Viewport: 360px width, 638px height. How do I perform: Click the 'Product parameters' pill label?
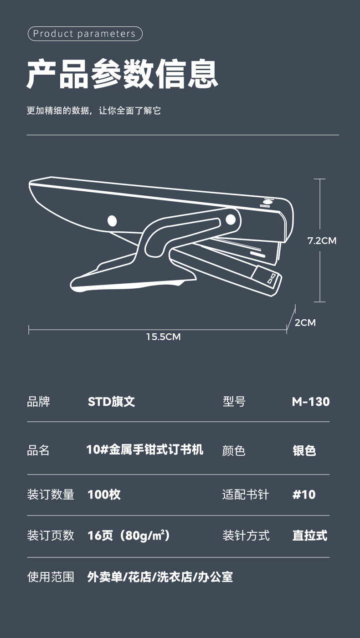click(x=85, y=34)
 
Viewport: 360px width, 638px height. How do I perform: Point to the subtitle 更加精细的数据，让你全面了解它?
click(x=93, y=111)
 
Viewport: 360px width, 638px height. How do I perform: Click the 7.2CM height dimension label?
click(x=322, y=240)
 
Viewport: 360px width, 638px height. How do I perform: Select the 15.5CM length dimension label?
click(x=163, y=337)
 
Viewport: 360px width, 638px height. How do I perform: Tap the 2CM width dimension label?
click(x=305, y=323)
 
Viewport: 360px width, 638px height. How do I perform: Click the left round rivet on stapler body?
click(x=112, y=221)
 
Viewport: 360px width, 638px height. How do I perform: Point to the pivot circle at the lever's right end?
click(x=231, y=219)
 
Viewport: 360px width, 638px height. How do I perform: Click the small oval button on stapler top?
click(x=267, y=201)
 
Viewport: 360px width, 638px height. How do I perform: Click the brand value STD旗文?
click(x=111, y=402)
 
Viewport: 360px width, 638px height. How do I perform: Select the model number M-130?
click(x=310, y=402)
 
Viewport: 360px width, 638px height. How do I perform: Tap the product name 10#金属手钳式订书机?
click(x=145, y=450)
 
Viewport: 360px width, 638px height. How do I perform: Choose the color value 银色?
click(x=304, y=450)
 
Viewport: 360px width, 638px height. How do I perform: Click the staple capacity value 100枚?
click(x=104, y=495)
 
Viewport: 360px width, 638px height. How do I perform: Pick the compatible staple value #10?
click(x=304, y=495)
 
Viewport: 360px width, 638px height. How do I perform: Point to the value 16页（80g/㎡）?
click(x=129, y=536)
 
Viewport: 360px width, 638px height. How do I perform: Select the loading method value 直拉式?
click(x=309, y=536)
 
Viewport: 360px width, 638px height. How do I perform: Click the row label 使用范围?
click(x=51, y=577)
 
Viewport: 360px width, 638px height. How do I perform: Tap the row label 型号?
click(x=234, y=402)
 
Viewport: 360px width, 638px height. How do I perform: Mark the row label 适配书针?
click(x=246, y=495)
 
